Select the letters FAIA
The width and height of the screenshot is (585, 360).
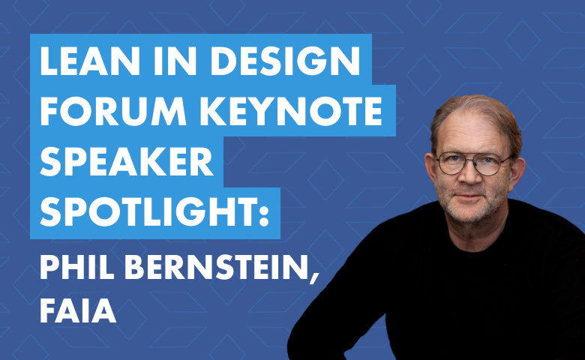[x=78, y=310]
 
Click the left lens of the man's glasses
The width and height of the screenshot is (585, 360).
[x=451, y=163]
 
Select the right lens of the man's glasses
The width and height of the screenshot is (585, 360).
[x=493, y=164]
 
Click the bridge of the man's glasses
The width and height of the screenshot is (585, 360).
[x=472, y=160]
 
